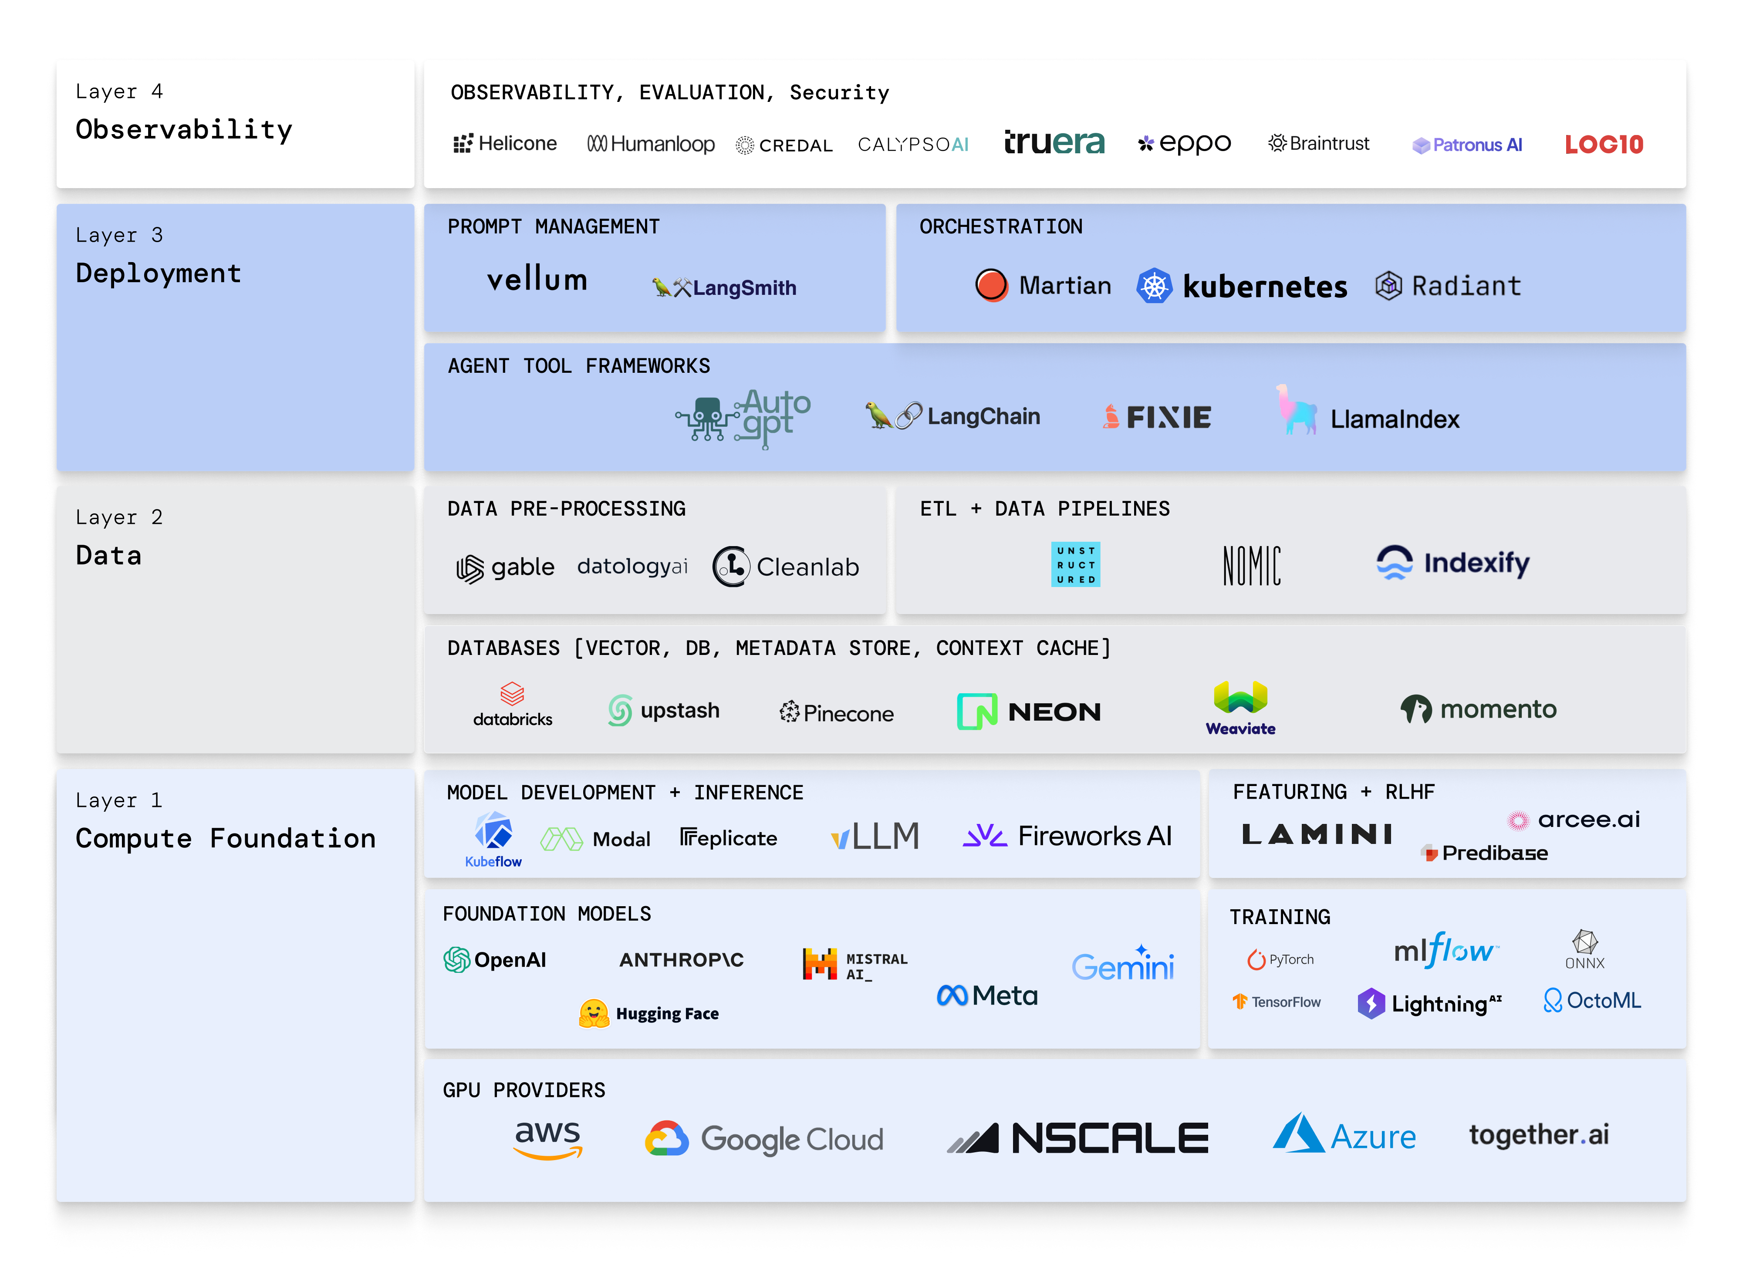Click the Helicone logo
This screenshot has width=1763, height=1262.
click(505, 144)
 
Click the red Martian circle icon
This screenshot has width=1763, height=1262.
click(991, 285)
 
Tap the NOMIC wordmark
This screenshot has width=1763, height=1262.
click(1252, 565)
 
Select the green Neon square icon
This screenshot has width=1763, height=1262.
click(977, 711)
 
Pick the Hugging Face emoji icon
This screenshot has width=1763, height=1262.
click(594, 1013)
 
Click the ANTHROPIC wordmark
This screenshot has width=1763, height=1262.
click(682, 960)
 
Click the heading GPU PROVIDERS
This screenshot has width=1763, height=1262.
click(523, 1090)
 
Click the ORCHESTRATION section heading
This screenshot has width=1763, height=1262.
click(1001, 227)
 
